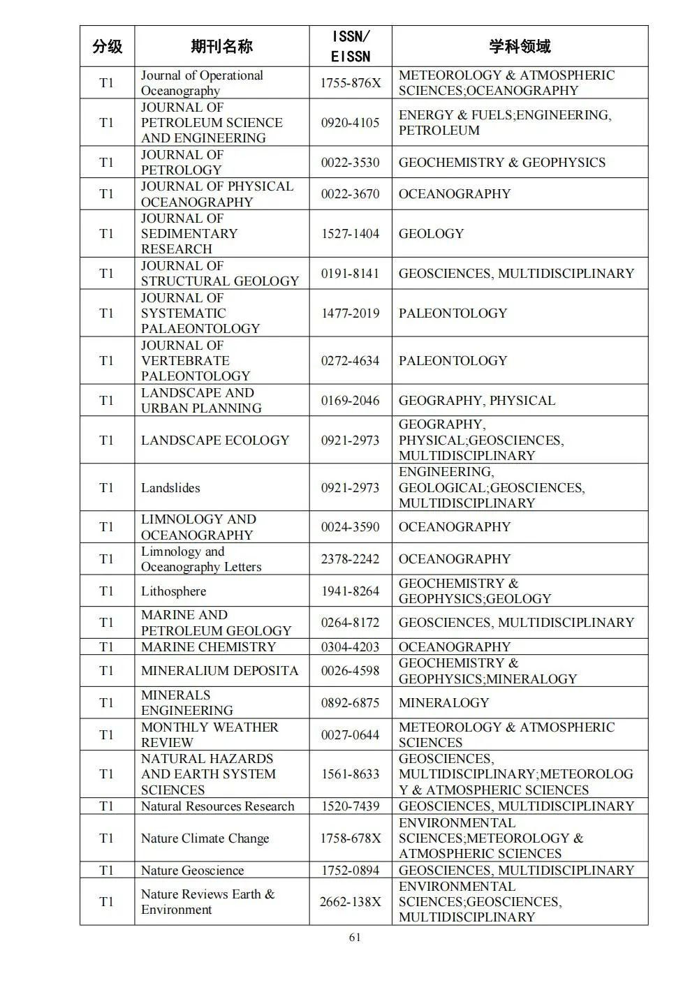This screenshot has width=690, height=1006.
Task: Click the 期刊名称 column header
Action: tap(221, 47)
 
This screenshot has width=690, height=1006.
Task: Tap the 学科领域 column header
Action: tap(520, 47)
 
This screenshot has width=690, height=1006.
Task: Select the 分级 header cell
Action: tap(107, 47)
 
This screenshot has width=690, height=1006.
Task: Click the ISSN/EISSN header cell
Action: tap(351, 47)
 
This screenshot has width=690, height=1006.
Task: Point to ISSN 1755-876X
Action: tap(351, 83)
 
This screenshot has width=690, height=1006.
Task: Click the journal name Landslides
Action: tap(170, 488)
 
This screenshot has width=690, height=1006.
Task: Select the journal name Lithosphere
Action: tap(173, 591)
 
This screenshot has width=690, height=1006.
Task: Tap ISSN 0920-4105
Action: tap(351, 123)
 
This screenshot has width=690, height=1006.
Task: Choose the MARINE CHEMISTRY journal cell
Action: tap(208, 647)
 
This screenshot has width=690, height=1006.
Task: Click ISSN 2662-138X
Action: tap(351, 902)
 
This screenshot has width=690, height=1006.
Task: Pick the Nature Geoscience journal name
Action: tap(192, 871)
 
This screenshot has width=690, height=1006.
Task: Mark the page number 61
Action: tap(355, 938)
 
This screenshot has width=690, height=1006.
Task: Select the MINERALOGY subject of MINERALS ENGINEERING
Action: tap(443, 703)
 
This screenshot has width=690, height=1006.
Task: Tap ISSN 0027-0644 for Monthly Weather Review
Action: tap(351, 735)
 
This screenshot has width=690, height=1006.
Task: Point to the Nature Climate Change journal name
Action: tap(205, 838)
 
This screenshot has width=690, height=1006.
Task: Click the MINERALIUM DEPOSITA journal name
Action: tap(219, 671)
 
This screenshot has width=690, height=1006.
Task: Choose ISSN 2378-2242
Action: tap(351, 559)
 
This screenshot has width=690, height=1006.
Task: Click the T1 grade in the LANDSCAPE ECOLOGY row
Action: tap(107, 441)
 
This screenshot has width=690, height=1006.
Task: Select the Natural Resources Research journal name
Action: tap(217, 806)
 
